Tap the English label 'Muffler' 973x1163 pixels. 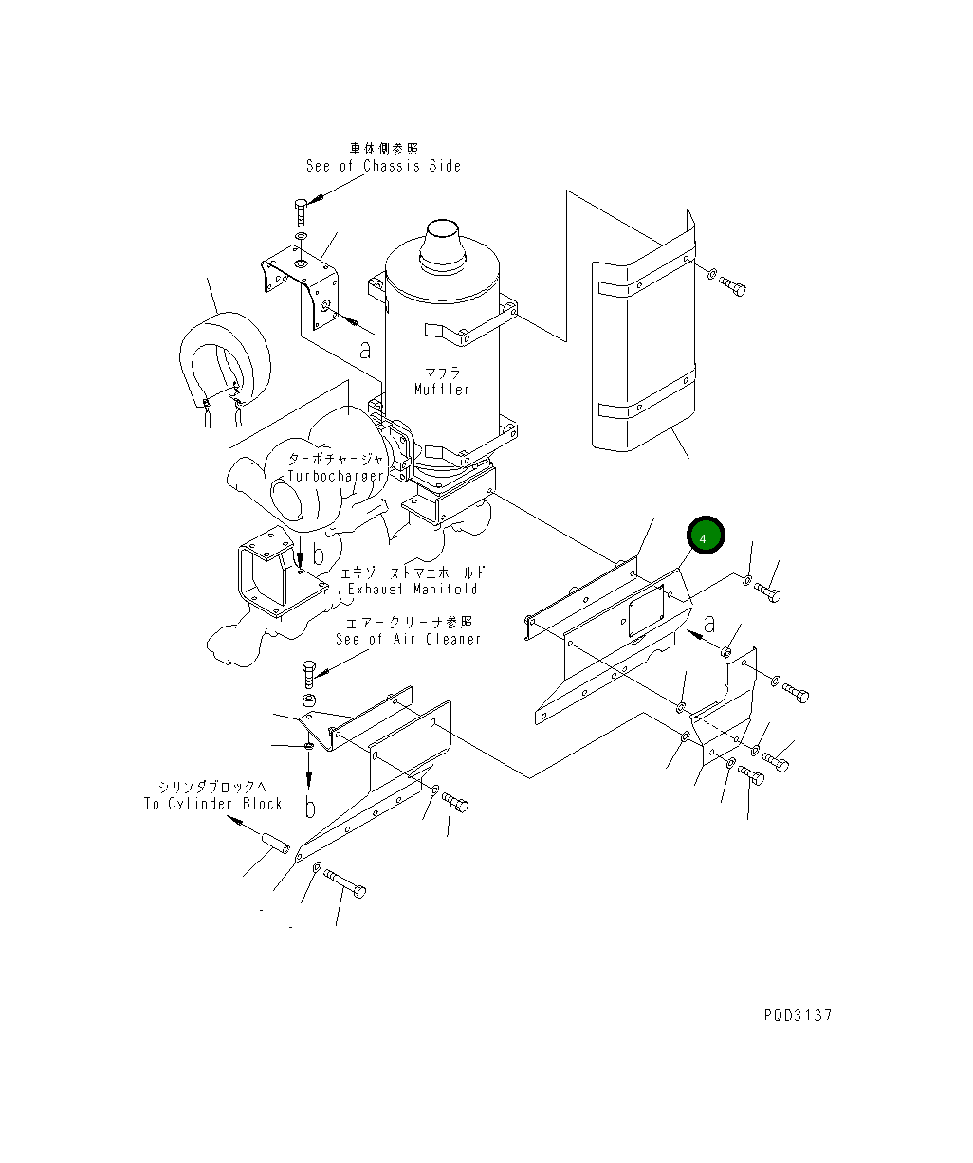tap(442, 390)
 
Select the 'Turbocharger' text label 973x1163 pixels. tap(337, 476)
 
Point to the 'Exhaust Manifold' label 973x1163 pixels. tap(413, 589)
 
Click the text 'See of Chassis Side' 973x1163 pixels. tap(383, 166)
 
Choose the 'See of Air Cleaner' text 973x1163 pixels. tap(408, 639)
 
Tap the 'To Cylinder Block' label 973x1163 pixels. tap(213, 804)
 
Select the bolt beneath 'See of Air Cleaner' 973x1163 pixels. tap(310, 673)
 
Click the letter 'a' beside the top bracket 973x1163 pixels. tap(365, 349)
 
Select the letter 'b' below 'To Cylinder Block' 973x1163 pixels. tap(310, 807)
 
